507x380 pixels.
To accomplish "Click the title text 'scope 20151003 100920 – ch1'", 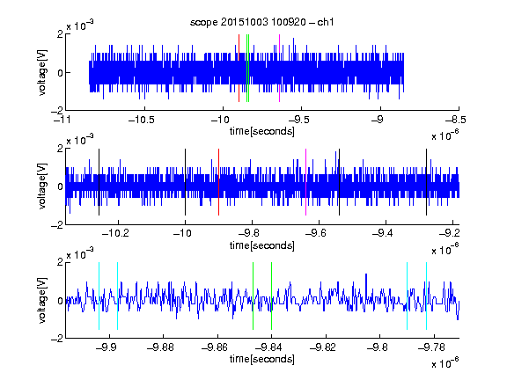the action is (262, 22).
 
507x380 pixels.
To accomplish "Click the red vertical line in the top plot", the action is (239, 69).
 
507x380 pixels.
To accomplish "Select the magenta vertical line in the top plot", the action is (279, 69).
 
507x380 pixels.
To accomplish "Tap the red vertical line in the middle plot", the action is (218, 182).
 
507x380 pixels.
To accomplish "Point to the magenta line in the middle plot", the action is (306, 182).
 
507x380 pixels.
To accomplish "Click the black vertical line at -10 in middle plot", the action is (185, 182).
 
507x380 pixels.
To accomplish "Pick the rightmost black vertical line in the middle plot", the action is (426, 182).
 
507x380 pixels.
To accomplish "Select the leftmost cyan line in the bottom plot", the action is (99, 296).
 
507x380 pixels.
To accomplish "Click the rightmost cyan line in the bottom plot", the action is (426, 296).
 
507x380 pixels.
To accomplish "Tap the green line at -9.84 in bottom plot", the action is (271, 296).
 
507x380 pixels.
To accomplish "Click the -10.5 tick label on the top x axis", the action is (142, 121).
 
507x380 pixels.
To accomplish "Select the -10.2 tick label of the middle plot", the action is (115, 233).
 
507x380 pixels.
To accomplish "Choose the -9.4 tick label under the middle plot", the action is (383, 233).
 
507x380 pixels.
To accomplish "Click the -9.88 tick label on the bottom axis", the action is (160, 347).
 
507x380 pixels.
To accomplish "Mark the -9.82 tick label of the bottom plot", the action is (323, 347).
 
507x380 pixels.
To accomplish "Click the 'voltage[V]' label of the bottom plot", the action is (42, 301).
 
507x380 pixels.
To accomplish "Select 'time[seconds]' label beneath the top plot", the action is (262, 131).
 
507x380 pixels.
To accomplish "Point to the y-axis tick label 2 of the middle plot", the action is (60, 149).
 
